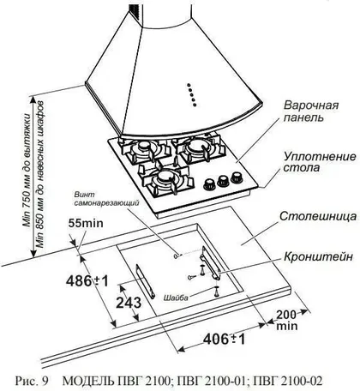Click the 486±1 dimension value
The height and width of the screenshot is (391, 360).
coord(87,281)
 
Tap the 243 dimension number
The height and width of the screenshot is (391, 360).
coord(129,303)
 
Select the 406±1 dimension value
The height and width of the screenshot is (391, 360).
coord(224,340)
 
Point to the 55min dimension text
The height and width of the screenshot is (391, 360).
coord(86,223)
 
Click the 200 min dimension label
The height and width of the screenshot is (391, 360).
coord(286,320)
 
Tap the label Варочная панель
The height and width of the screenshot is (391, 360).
coord(311,111)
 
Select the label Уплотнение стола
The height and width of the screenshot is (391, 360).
coord(320,162)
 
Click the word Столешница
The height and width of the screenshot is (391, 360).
coord(318,216)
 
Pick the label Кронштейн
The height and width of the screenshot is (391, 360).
coord(318,256)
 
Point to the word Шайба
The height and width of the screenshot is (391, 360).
coord(176,298)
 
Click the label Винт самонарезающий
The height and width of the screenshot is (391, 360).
coord(106,199)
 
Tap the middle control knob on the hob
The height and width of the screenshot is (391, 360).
coord(223,181)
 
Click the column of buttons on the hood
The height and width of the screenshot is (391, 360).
coord(191,95)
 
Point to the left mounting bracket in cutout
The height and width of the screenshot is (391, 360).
coord(146,281)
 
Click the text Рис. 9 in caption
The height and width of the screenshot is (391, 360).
coord(32,381)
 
